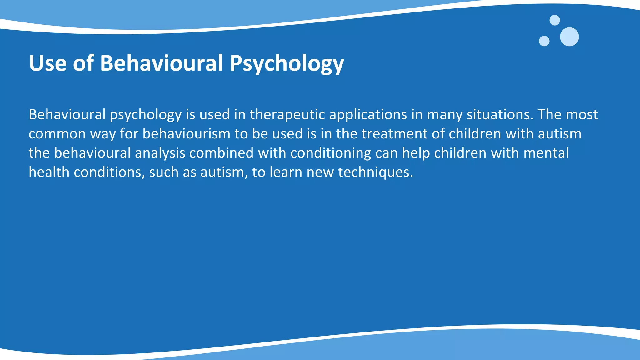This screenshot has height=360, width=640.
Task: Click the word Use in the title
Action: [47, 63]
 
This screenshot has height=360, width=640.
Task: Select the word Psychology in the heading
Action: [287, 63]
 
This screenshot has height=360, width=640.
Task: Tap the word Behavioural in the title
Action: [161, 63]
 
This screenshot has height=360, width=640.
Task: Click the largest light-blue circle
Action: [569, 37]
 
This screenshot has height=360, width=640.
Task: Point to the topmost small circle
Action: [555, 20]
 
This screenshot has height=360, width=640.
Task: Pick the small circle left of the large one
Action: [544, 41]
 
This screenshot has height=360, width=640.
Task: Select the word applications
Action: [368, 115]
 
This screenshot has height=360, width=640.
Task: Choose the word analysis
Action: [160, 153]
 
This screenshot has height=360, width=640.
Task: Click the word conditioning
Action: [331, 153]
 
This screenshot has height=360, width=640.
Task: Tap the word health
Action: [49, 172]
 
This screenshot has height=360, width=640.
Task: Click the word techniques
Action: [375, 172]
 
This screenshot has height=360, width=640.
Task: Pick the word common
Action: [57, 134]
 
